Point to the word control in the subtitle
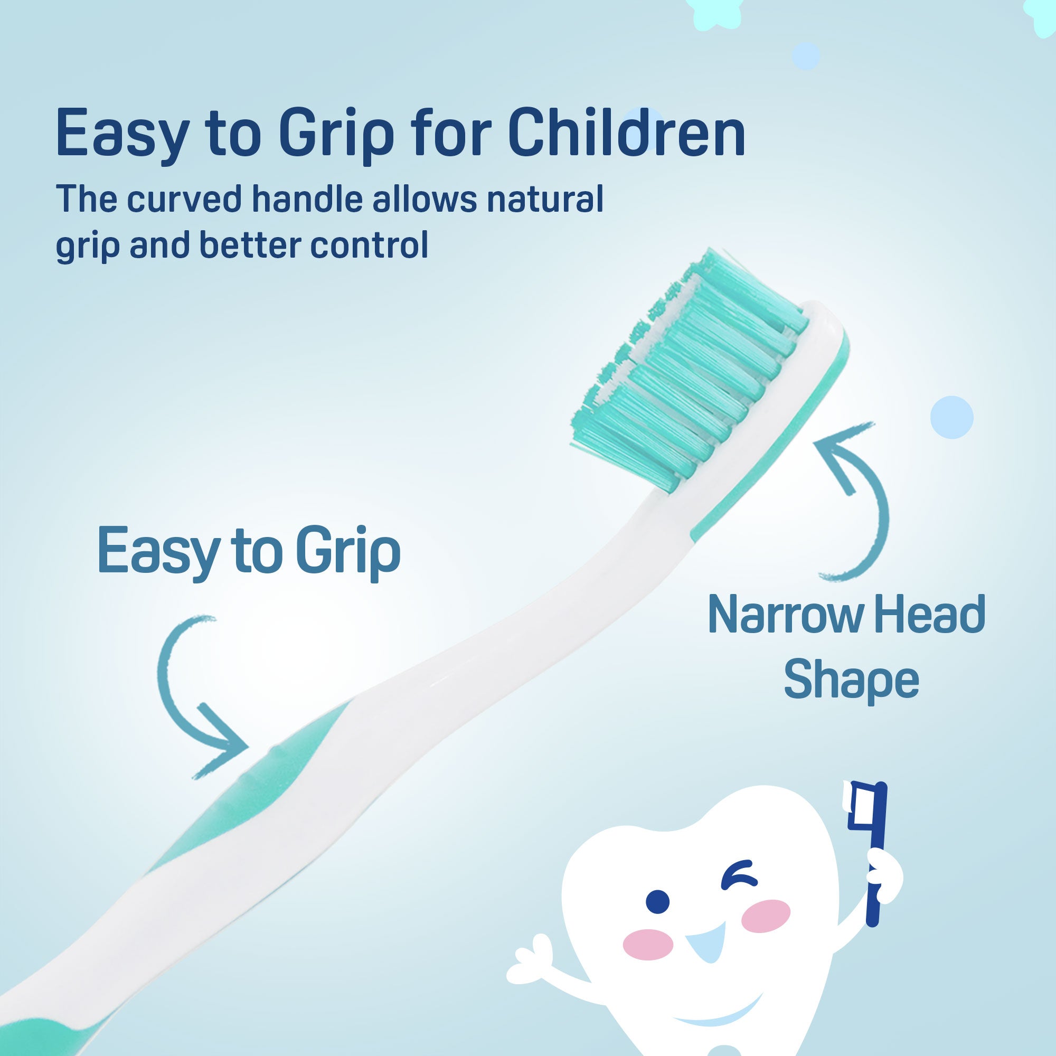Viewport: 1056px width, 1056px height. [369, 245]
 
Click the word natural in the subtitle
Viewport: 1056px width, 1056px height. [545, 199]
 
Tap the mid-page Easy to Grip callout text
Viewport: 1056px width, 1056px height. [249, 552]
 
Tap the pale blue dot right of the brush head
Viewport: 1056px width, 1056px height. [952, 417]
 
